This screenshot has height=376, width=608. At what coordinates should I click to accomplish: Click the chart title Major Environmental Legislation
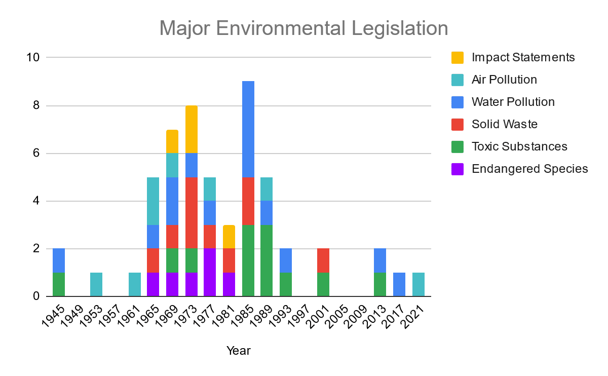pos(303,28)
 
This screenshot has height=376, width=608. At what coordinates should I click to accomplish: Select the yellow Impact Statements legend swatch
pos(457,57)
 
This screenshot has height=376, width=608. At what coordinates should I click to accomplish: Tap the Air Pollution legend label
pos(504,80)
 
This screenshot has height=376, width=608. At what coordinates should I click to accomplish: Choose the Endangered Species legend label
pos(529,169)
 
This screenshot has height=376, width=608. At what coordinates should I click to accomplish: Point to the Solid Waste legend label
pos(504,124)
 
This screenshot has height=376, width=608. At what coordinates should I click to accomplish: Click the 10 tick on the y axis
pos(33,57)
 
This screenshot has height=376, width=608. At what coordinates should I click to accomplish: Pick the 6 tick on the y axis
pos(36,153)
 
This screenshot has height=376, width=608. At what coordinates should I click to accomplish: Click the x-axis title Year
pos(238,350)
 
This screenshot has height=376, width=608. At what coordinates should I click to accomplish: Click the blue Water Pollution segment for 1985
pos(248,129)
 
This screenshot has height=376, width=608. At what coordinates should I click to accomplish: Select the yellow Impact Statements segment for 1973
pos(192,129)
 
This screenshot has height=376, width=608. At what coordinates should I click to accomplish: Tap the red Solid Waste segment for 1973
pos(192,213)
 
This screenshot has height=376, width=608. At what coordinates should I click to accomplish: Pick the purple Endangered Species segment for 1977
pos(210,273)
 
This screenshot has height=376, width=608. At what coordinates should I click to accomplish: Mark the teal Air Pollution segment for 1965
pos(154,201)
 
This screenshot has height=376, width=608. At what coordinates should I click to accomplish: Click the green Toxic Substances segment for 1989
pos(267,260)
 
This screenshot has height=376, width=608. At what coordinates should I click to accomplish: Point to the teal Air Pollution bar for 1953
pos(97,284)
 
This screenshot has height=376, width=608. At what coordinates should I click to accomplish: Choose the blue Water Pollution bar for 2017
pos(399,284)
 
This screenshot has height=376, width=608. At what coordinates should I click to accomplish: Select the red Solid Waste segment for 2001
pos(323,260)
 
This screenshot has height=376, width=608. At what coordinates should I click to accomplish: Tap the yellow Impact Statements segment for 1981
pos(229,237)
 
